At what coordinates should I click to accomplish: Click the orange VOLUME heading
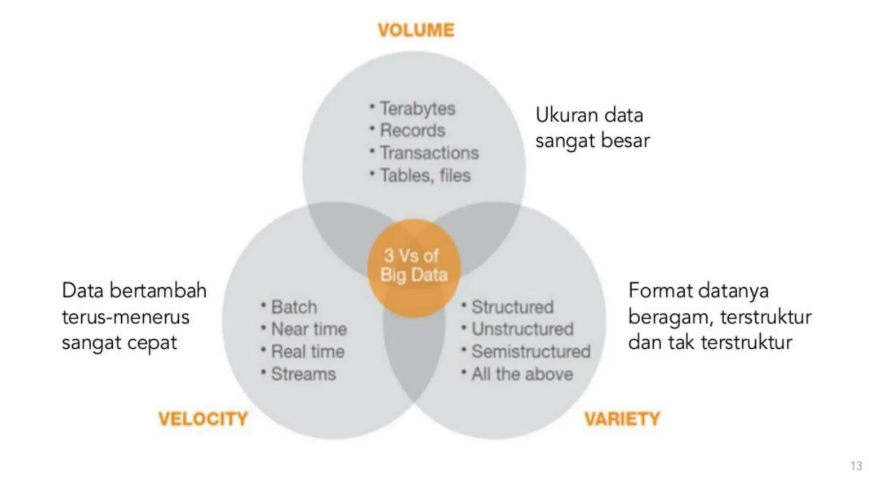pos(416,30)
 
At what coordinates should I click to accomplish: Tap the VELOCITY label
pos(203,419)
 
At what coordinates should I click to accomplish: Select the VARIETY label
pos(622,419)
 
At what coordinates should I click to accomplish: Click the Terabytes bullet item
pos(417,109)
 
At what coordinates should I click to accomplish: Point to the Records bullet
pos(412,131)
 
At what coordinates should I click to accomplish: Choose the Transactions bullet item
pos(429,153)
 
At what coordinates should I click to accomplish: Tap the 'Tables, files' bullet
pos(425,176)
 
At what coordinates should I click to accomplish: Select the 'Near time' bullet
pos(308,329)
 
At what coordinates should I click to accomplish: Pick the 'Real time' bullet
pos(307,352)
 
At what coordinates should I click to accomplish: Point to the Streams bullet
pos(303,374)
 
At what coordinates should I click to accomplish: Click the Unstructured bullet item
pos(522,329)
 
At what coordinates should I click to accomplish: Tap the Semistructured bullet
pos(530,352)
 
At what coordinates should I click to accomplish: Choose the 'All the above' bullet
pos(522,374)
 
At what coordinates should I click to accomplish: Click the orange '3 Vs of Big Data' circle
pos(414,266)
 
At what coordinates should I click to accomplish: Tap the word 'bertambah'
pos(158,291)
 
